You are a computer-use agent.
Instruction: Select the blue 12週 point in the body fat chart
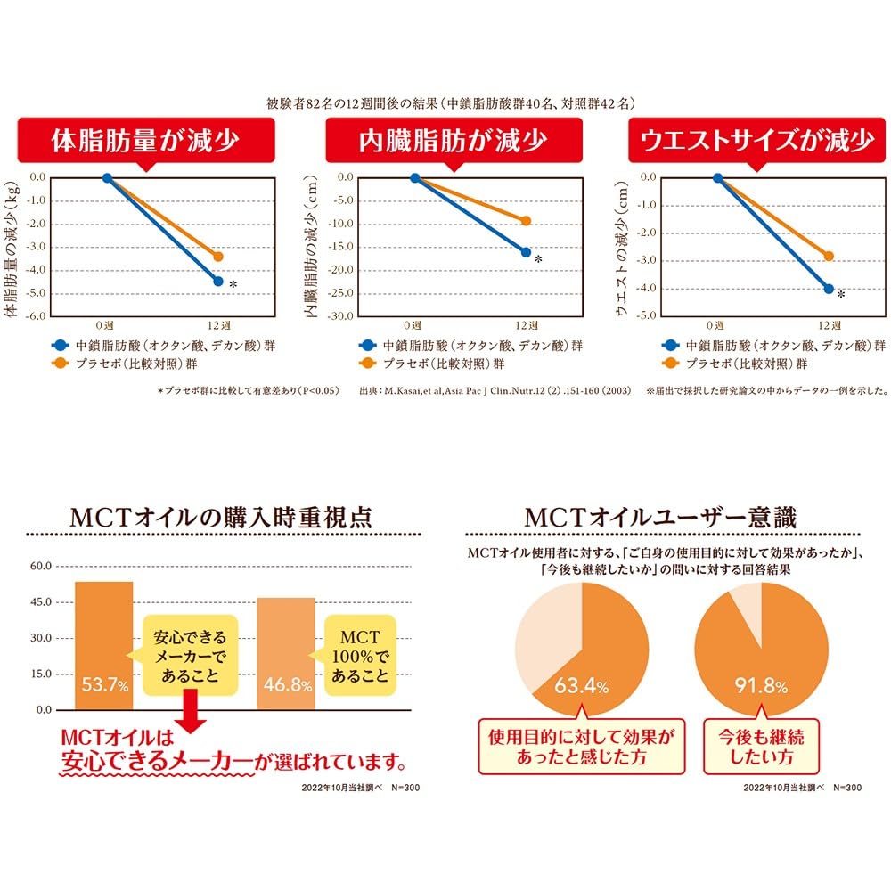[218, 282]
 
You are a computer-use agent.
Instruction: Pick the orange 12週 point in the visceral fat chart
[525, 221]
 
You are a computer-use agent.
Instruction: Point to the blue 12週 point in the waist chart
[829, 289]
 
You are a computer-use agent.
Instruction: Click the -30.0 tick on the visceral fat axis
[343, 316]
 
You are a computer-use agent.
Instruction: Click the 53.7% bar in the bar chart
[104, 646]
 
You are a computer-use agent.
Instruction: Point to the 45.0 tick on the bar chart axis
[42, 602]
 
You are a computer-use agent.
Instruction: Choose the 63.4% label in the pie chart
[581, 687]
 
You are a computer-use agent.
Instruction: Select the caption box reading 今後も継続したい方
[760, 748]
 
